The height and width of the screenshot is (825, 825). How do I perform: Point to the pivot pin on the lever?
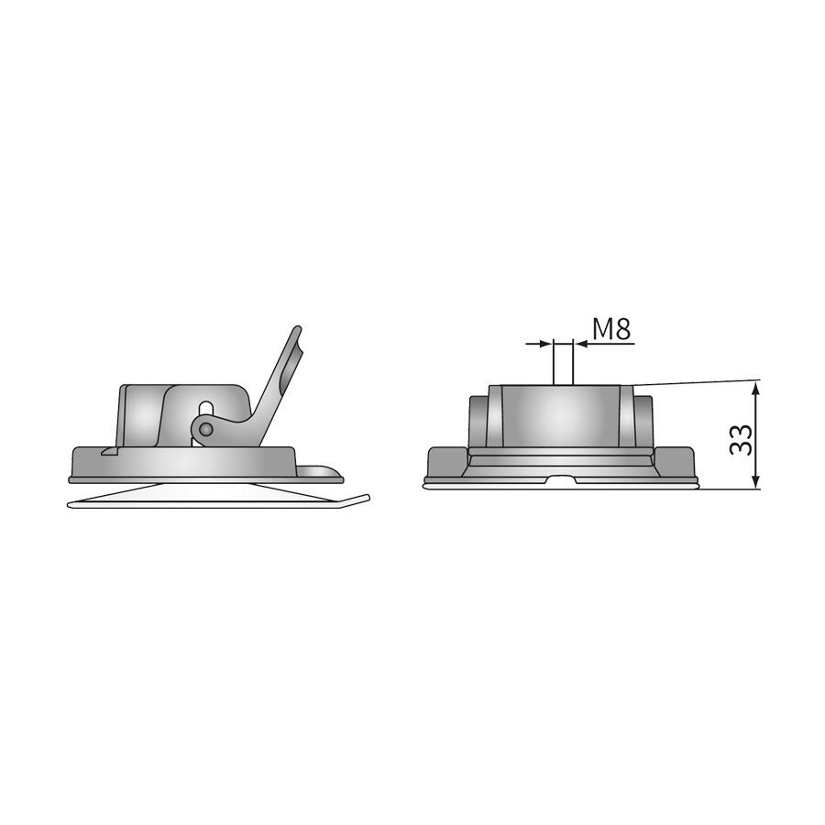click(x=207, y=428)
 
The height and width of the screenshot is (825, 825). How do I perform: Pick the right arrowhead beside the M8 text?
click(x=581, y=344)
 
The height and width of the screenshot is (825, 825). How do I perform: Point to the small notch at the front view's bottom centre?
click(x=561, y=478)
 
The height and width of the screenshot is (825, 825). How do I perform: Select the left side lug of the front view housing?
click(x=478, y=420)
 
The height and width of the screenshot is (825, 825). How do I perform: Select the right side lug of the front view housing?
click(x=643, y=420)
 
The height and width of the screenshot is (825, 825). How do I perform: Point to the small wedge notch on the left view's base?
click(x=107, y=452)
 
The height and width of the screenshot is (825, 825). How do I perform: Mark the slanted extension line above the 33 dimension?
click(x=697, y=380)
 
